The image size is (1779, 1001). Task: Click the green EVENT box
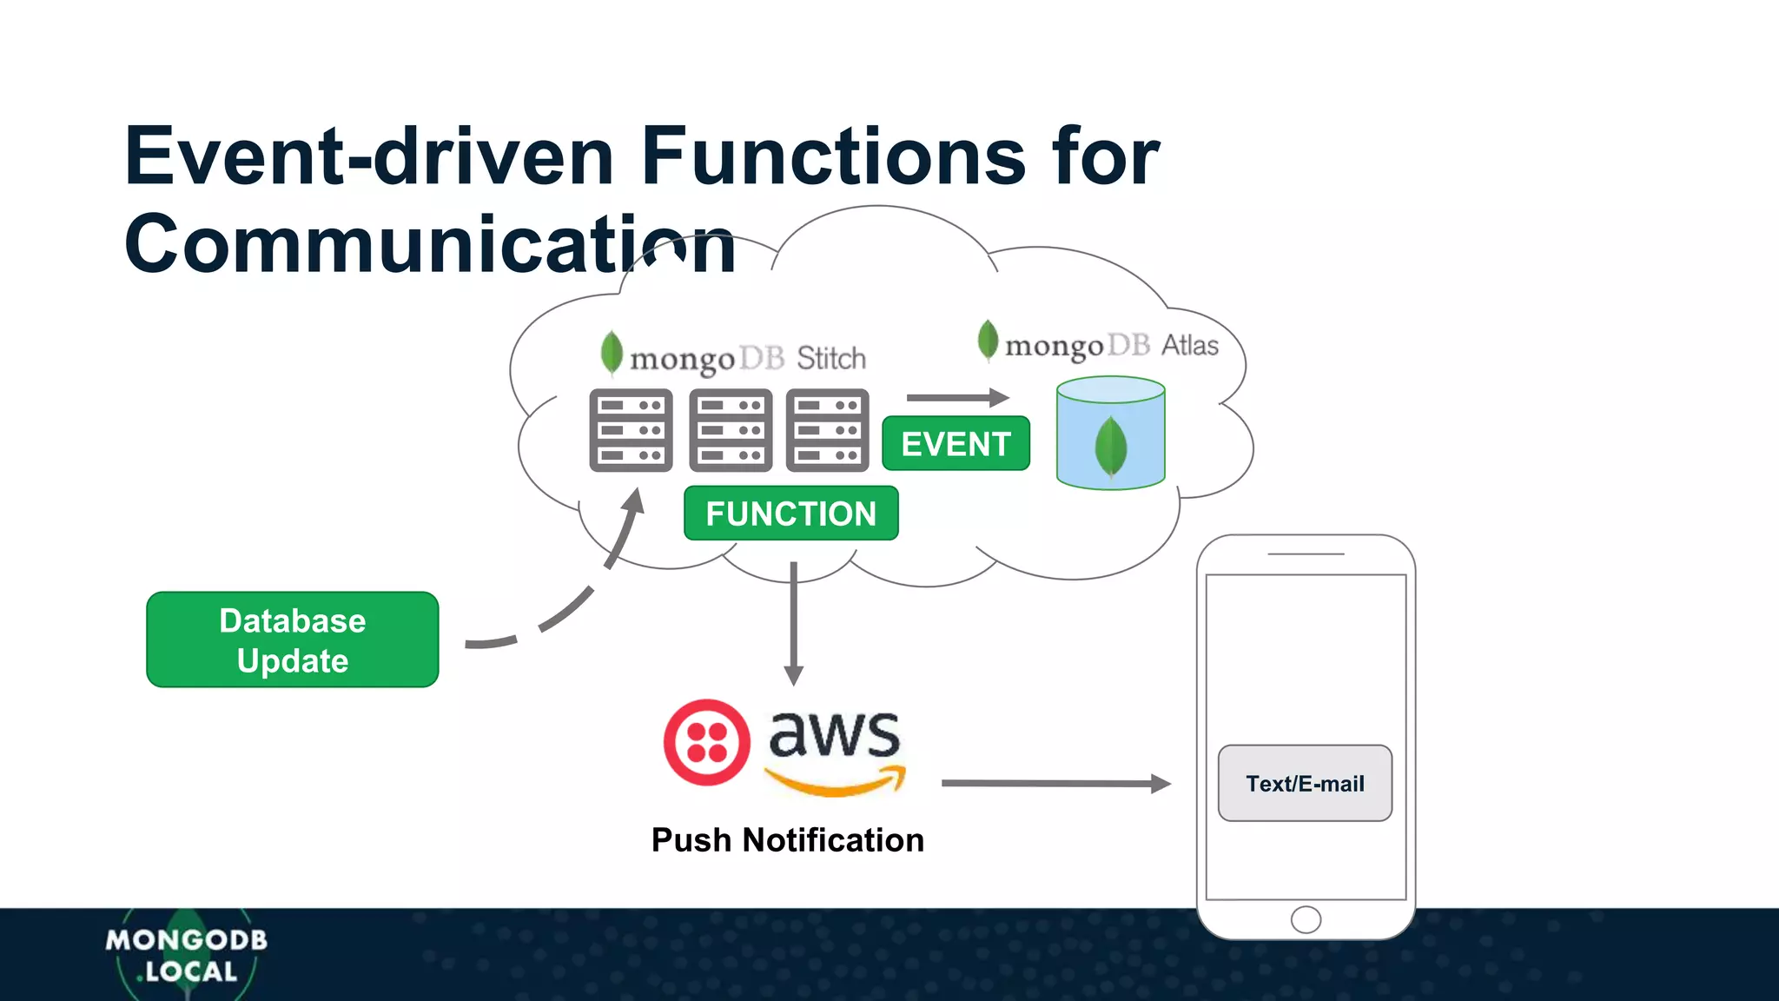(956, 444)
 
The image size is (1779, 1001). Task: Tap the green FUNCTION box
(790, 514)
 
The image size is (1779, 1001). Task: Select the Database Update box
(293, 640)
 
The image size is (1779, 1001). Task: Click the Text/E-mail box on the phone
(1305, 783)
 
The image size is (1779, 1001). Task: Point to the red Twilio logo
(706, 743)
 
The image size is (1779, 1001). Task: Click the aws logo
(835, 750)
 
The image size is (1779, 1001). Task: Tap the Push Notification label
(787, 840)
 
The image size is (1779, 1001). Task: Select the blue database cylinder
(1110, 433)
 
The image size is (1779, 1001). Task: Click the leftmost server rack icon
(631, 430)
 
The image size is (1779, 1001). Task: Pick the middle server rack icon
(731, 430)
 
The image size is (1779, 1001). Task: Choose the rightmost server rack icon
(827, 430)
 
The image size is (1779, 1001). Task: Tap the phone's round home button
(1306, 919)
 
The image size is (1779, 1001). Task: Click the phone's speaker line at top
(1306, 554)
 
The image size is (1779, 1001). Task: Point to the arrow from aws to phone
(1055, 783)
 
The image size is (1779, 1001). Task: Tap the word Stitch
(831, 358)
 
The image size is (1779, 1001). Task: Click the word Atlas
(1190, 345)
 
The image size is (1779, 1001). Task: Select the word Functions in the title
(833, 156)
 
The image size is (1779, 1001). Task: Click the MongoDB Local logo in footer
(186, 955)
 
